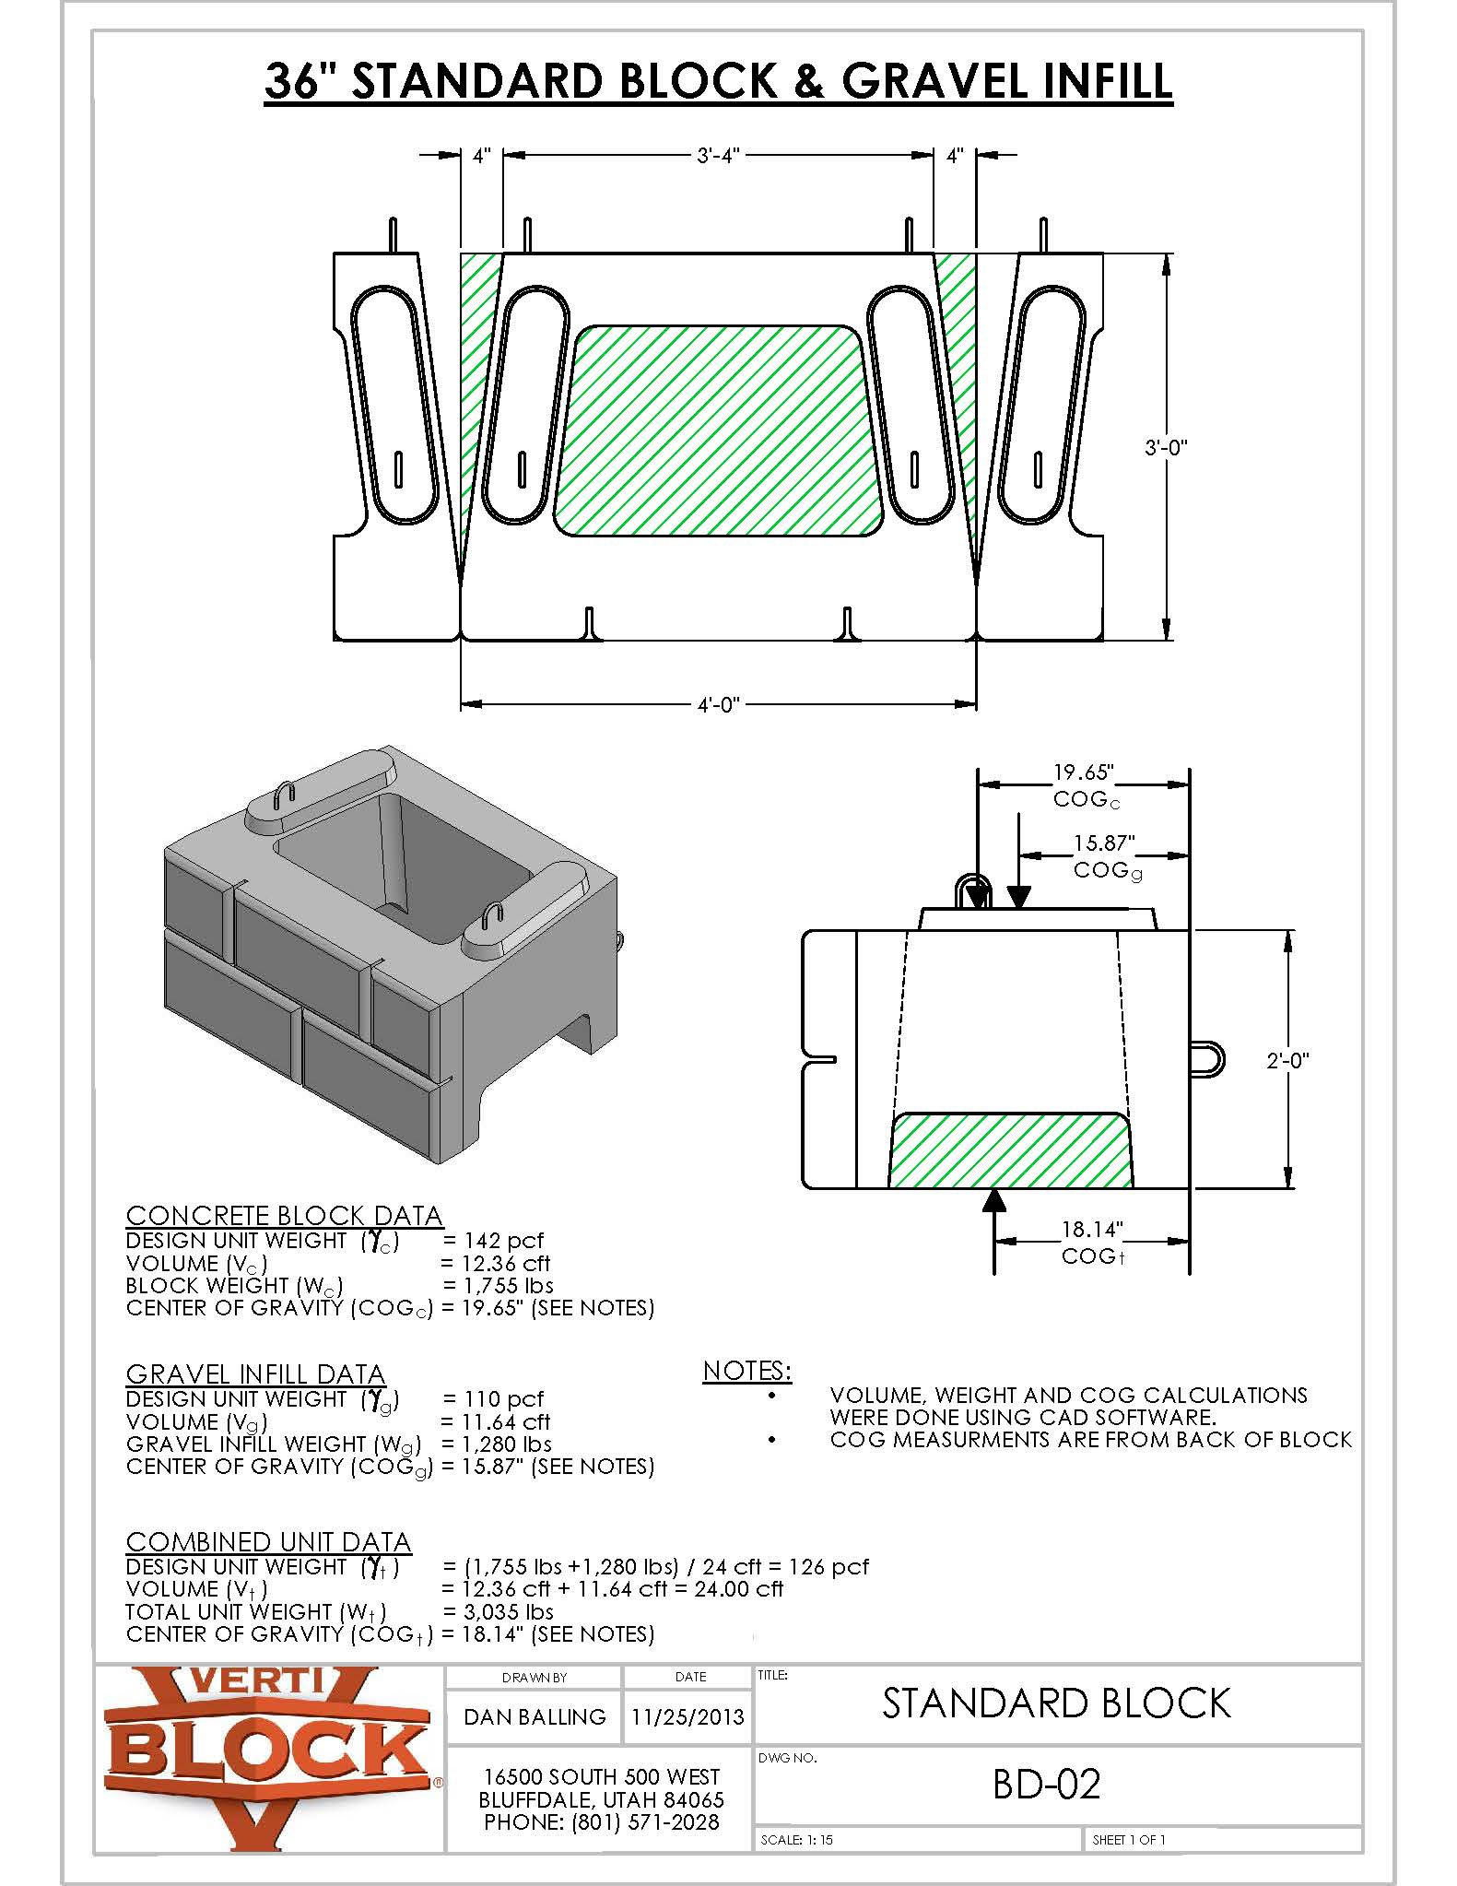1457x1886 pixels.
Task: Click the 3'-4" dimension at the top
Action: pos(719,156)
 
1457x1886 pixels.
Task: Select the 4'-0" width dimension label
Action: pos(718,705)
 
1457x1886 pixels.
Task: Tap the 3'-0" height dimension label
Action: pos(1166,448)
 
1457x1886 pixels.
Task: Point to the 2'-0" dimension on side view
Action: pos(1287,1061)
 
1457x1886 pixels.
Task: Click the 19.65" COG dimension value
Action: pos(1084,772)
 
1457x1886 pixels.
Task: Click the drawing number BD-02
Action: pos(1046,1785)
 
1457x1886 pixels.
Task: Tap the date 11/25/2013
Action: pos(687,1716)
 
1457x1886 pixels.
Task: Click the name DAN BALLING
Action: pos(535,1716)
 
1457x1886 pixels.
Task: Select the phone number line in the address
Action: pos(601,1822)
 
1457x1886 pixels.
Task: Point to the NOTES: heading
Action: pos(746,1371)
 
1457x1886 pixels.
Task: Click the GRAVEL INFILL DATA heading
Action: pos(255,1373)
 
